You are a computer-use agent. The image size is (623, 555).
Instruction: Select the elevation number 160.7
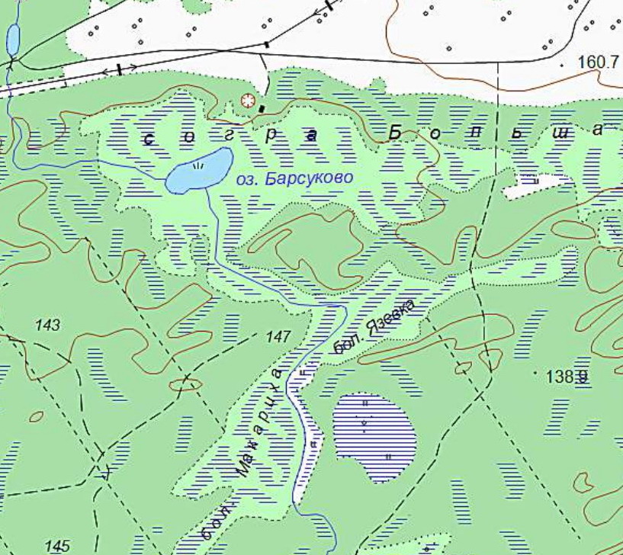click(598, 62)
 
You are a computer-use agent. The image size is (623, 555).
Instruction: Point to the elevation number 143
click(47, 326)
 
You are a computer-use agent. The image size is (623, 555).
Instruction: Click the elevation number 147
click(279, 336)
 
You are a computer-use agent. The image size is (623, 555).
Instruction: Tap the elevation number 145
click(58, 546)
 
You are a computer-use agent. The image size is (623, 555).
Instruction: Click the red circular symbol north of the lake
click(246, 101)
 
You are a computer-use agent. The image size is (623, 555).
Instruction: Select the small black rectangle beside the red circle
click(262, 109)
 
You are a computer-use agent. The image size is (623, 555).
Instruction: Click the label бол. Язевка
click(377, 328)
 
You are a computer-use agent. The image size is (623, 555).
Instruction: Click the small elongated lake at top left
click(13, 39)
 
